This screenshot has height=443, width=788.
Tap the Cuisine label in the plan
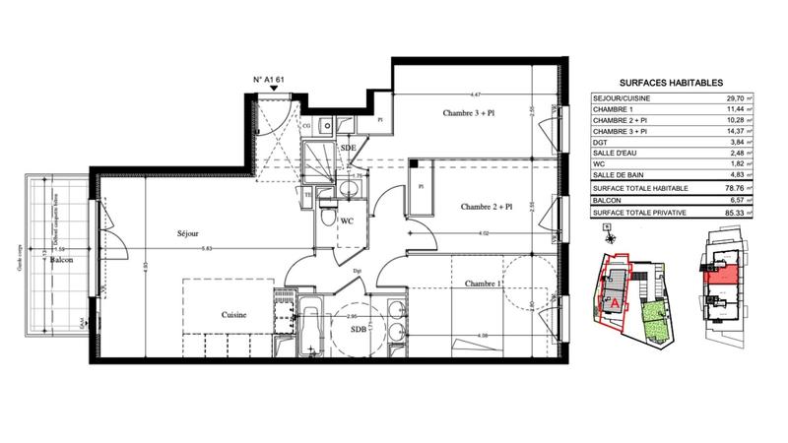tap(233, 315)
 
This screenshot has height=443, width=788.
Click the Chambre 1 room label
tap(485, 284)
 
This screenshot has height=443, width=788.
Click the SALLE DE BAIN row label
tap(621, 175)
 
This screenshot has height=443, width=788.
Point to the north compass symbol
tap(610, 234)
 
